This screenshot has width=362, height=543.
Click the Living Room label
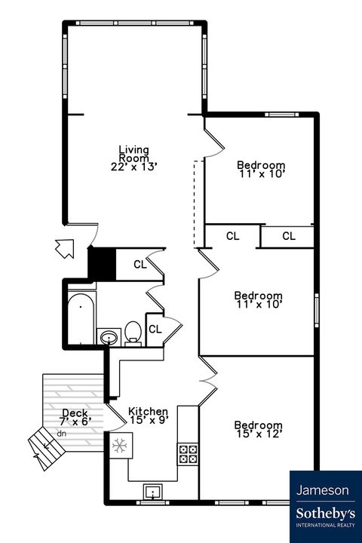coord(133,153)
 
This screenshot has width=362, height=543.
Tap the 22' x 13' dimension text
coord(133,167)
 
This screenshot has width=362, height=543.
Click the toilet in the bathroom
coord(133,332)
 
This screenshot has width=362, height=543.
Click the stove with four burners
coord(188,453)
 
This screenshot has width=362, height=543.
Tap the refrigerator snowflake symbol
coord(118,445)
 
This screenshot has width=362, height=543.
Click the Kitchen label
coord(148,411)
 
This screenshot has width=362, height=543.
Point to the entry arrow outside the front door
coord(65,247)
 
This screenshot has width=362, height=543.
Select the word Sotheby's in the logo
coord(323,513)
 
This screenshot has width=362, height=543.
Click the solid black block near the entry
coord(101,263)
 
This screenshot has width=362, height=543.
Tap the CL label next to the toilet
coord(155,329)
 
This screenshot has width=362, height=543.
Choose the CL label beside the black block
coord(140,264)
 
